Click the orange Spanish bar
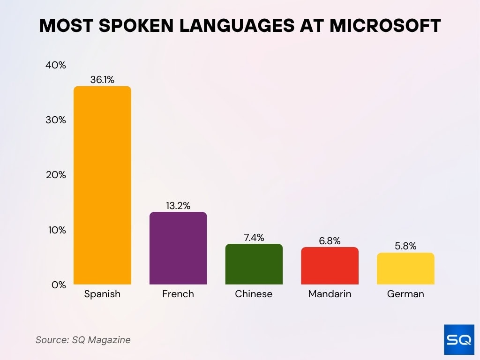pyautogui.click(x=102, y=185)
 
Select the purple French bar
pyautogui.click(x=178, y=248)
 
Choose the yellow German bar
pyautogui.click(x=405, y=268)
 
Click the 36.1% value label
pyautogui.click(x=102, y=80)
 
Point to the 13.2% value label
pyautogui.click(x=178, y=205)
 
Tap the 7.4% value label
pyautogui.click(x=254, y=237)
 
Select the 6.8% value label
pyautogui.click(x=330, y=240)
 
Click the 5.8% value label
pyautogui.click(x=405, y=246)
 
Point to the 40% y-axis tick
pyautogui.click(x=56, y=65)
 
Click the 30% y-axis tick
pyautogui.click(x=56, y=120)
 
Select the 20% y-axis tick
pyautogui.click(x=56, y=175)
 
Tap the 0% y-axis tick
pyautogui.click(x=58, y=285)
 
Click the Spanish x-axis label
pyautogui.click(x=102, y=294)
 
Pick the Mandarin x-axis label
pyautogui.click(x=330, y=294)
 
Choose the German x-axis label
pyautogui.click(x=405, y=294)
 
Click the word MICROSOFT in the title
pyautogui.click(x=385, y=26)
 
